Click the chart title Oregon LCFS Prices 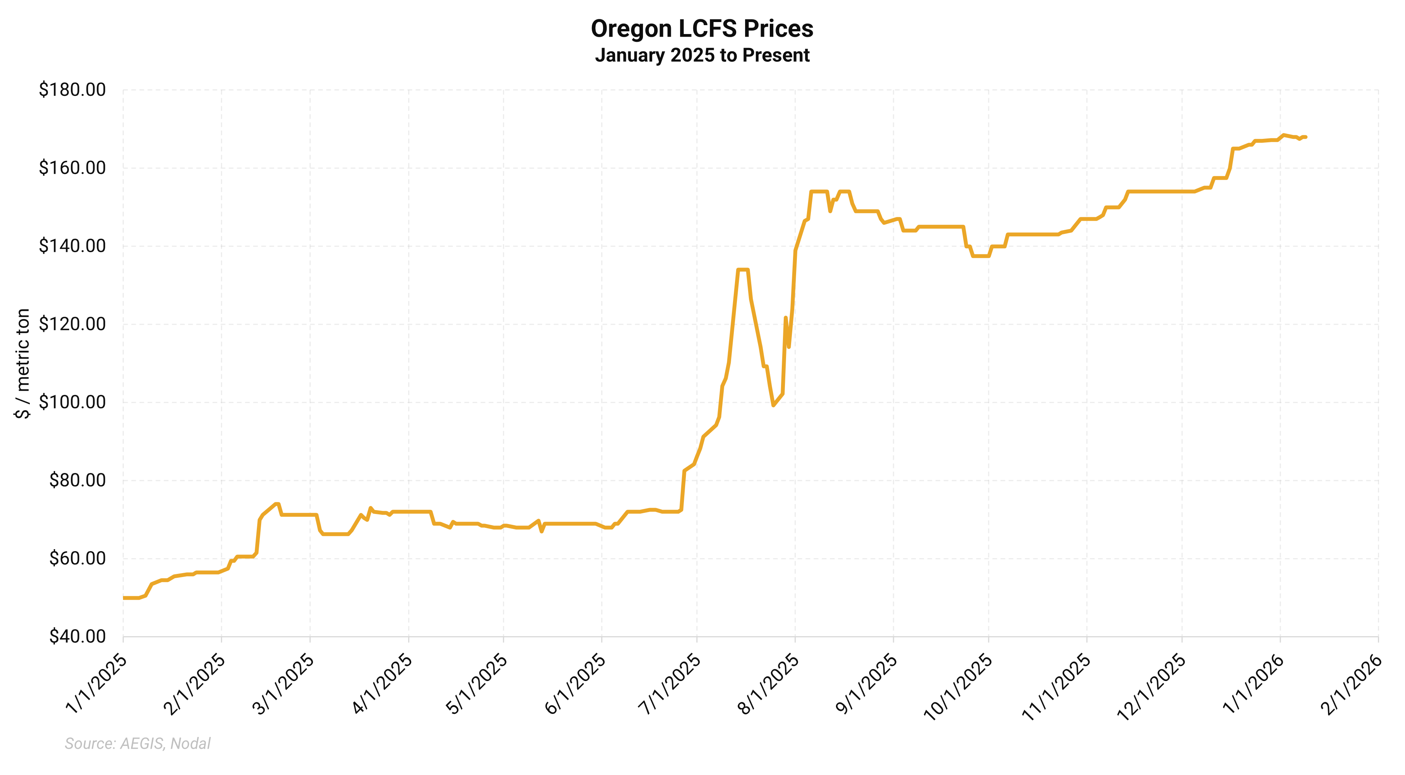click(702, 29)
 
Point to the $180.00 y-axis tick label click(72, 90)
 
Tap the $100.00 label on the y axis click(72, 403)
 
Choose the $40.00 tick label click(77, 637)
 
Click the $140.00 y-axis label click(72, 246)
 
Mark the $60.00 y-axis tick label click(77, 558)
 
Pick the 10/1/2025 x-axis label click(958, 687)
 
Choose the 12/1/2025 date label click(1152, 687)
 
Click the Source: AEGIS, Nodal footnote click(137, 743)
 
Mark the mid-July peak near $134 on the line click(743, 270)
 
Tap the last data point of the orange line click(1306, 137)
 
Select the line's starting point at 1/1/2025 click(124, 598)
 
